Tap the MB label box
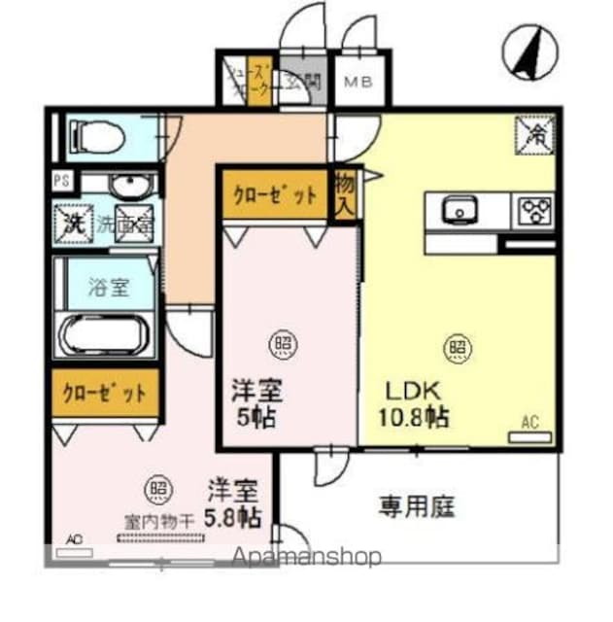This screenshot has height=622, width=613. pyautogui.click(x=357, y=82)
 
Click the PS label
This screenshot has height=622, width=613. pyautogui.click(x=62, y=180)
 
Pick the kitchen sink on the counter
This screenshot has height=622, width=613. pyautogui.click(x=459, y=208)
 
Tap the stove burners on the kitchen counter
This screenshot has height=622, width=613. pyautogui.click(x=532, y=209)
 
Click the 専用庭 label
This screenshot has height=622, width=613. pyautogui.click(x=417, y=505)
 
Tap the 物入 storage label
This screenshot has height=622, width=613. pyautogui.click(x=343, y=192)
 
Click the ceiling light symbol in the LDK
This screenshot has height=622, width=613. pyautogui.click(x=455, y=345)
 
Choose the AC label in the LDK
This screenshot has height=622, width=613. pyautogui.click(x=529, y=422)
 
